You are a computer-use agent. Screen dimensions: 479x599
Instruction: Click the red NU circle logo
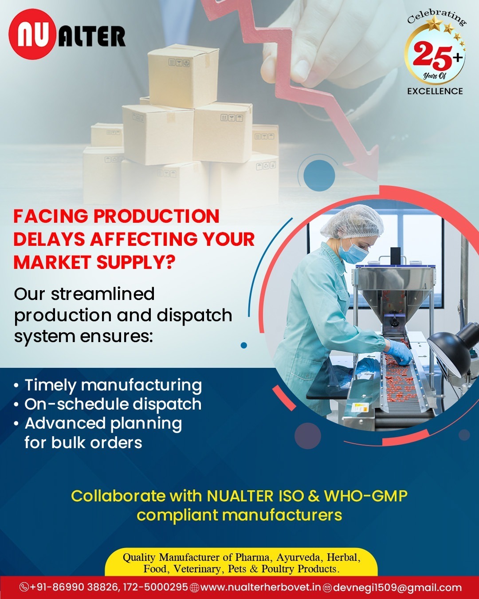click(x=32, y=34)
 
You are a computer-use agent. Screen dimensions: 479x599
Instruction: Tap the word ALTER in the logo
click(x=92, y=36)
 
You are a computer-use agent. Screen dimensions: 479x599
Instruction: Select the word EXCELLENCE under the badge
click(x=435, y=91)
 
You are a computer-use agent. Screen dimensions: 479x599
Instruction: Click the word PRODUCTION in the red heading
click(x=157, y=216)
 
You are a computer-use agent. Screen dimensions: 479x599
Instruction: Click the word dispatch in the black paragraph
click(x=194, y=315)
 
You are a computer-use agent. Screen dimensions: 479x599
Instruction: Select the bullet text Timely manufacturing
click(x=113, y=386)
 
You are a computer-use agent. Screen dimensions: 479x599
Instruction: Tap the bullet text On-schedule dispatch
click(x=113, y=404)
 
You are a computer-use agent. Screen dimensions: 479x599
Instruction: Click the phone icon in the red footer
click(x=24, y=587)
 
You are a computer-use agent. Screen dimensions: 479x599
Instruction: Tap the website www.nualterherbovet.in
click(x=260, y=587)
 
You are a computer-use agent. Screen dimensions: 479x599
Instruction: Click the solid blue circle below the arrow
click(x=319, y=175)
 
